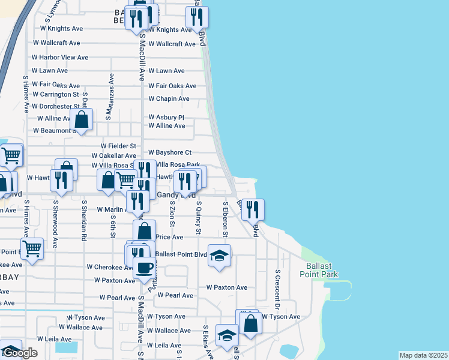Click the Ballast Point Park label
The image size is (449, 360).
[x=319, y=270]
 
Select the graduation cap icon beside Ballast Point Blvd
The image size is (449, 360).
[x=220, y=256]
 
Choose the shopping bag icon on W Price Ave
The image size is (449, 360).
[x=145, y=231]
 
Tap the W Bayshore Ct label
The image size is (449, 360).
[x=169, y=152]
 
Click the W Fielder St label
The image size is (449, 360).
[x=118, y=146]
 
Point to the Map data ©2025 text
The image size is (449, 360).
[x=423, y=355]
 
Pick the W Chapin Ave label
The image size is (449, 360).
[x=169, y=98]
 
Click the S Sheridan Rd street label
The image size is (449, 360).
[x=84, y=220]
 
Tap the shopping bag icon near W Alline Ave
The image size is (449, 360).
[x=82, y=120]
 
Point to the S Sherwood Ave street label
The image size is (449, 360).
[x=55, y=224]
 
